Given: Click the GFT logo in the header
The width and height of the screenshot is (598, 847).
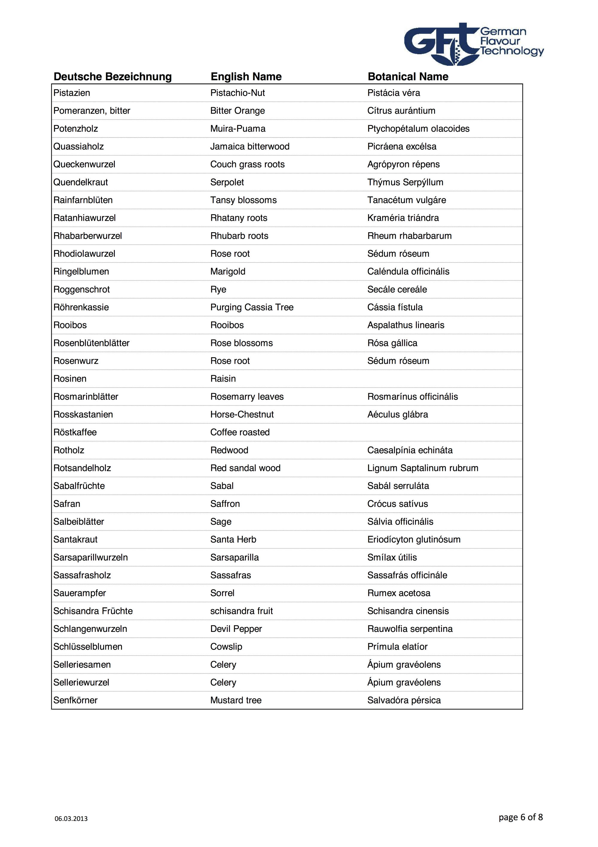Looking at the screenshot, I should (473, 44).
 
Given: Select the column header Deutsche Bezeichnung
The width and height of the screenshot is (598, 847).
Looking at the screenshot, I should (112, 77).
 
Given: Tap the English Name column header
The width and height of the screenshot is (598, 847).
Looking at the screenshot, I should (246, 77).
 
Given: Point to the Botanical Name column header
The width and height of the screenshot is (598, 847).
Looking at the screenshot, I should (408, 77).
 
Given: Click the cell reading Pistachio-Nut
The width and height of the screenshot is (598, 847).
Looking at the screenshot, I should (237, 93).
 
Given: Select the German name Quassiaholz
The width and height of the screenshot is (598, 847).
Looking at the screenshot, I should (79, 147).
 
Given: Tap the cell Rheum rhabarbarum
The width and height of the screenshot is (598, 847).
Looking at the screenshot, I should (409, 236).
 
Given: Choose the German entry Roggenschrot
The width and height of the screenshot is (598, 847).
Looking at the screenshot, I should (82, 290).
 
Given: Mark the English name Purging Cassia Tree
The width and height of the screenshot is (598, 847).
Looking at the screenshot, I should (252, 307).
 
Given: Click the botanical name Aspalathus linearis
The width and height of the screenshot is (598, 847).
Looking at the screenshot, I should (405, 326).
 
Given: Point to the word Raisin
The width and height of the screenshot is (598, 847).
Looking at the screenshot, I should (223, 379).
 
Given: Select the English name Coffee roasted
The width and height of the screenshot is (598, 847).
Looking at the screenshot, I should (240, 432).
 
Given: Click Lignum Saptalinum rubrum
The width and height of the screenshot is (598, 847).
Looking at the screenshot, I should (422, 468).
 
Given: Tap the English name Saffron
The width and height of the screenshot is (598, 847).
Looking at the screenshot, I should (225, 504).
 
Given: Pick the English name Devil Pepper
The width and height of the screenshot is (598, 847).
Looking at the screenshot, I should (236, 629).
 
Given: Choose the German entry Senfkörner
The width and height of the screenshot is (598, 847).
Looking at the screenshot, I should (75, 700).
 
